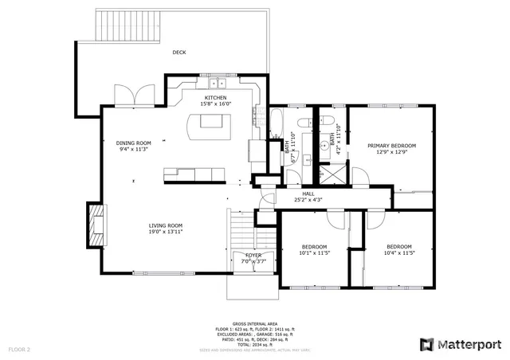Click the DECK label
coord(180,53)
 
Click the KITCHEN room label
coord(216,97)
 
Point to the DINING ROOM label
coord(134,143)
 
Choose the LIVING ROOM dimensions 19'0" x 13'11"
coord(166,232)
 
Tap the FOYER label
coord(253,255)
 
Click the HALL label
coord(308,194)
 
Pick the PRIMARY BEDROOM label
coord(391,146)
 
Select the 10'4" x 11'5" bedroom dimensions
coord(398,252)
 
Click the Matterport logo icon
coord(426,344)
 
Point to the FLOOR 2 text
coord(19,350)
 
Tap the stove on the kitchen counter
coord(257,149)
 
